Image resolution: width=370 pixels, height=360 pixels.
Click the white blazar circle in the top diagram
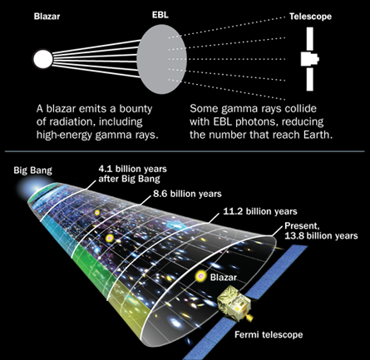(43, 59)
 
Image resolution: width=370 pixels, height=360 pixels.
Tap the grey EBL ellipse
(162, 59)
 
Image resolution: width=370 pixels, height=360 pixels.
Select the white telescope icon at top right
(310, 59)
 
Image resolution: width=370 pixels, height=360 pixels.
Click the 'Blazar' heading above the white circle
(47, 17)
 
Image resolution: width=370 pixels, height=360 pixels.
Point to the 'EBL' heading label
(160, 15)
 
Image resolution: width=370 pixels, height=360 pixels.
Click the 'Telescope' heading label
(310, 17)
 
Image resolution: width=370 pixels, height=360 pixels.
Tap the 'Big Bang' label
(32, 170)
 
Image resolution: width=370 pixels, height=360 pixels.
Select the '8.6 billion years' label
(187, 194)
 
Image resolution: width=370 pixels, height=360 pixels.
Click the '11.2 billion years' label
(260, 211)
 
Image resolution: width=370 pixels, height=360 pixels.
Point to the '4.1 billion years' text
(133, 169)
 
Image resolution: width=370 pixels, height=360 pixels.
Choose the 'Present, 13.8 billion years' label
(321, 231)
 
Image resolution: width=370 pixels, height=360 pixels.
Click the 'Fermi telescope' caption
(269, 335)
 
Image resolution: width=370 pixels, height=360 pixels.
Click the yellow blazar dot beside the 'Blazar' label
(200, 276)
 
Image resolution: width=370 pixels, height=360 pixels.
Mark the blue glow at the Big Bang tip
(35, 190)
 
